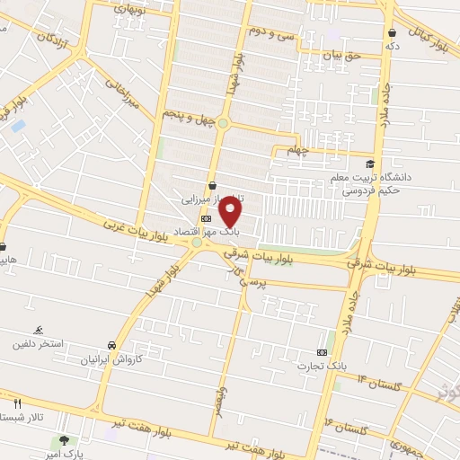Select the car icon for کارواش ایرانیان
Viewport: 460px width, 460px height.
[x=111, y=345]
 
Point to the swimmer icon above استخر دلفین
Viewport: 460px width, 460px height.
[x=38, y=330]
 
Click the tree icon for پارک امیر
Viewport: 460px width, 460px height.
[x=64, y=440]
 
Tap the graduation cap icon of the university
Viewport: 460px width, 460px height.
[x=370, y=164]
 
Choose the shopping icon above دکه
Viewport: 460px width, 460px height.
[x=391, y=33]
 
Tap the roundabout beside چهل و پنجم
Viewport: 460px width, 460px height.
[x=222, y=124]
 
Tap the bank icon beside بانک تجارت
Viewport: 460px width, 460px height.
[x=323, y=352]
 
